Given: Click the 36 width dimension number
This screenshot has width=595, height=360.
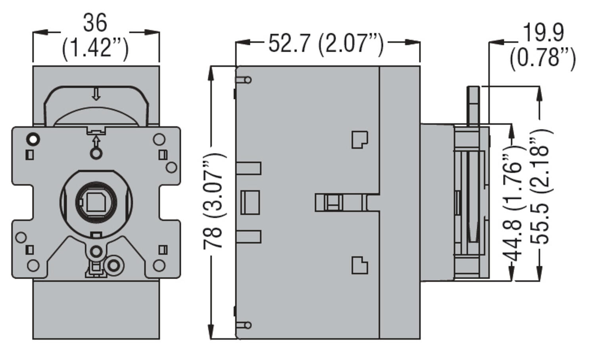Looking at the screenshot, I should pyautogui.click(x=95, y=23).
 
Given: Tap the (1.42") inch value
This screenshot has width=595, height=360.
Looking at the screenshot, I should pyautogui.click(x=95, y=49).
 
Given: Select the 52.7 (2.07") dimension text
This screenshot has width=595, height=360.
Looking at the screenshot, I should pyautogui.click(x=326, y=43).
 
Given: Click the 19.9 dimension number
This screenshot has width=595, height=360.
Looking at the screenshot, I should pyautogui.click(x=543, y=33).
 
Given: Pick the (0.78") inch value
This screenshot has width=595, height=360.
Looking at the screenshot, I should pyautogui.click(x=543, y=58).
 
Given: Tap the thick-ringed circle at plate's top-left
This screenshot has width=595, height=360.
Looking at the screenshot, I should pyautogui.click(x=33, y=139).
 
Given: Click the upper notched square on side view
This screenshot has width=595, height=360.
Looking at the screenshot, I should pyautogui.click(x=359, y=139).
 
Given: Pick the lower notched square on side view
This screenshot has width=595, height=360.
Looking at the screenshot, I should pyautogui.click(x=359, y=265).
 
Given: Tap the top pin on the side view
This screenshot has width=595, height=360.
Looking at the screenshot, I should pyautogui.click(x=244, y=80).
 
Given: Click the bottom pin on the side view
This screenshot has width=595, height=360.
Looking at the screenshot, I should pyautogui.click(x=244, y=325).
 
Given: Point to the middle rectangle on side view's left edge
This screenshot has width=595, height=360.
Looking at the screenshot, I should pyautogui.click(x=250, y=202).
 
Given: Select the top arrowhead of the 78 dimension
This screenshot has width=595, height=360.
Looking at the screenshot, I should pyautogui.click(x=211, y=73).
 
